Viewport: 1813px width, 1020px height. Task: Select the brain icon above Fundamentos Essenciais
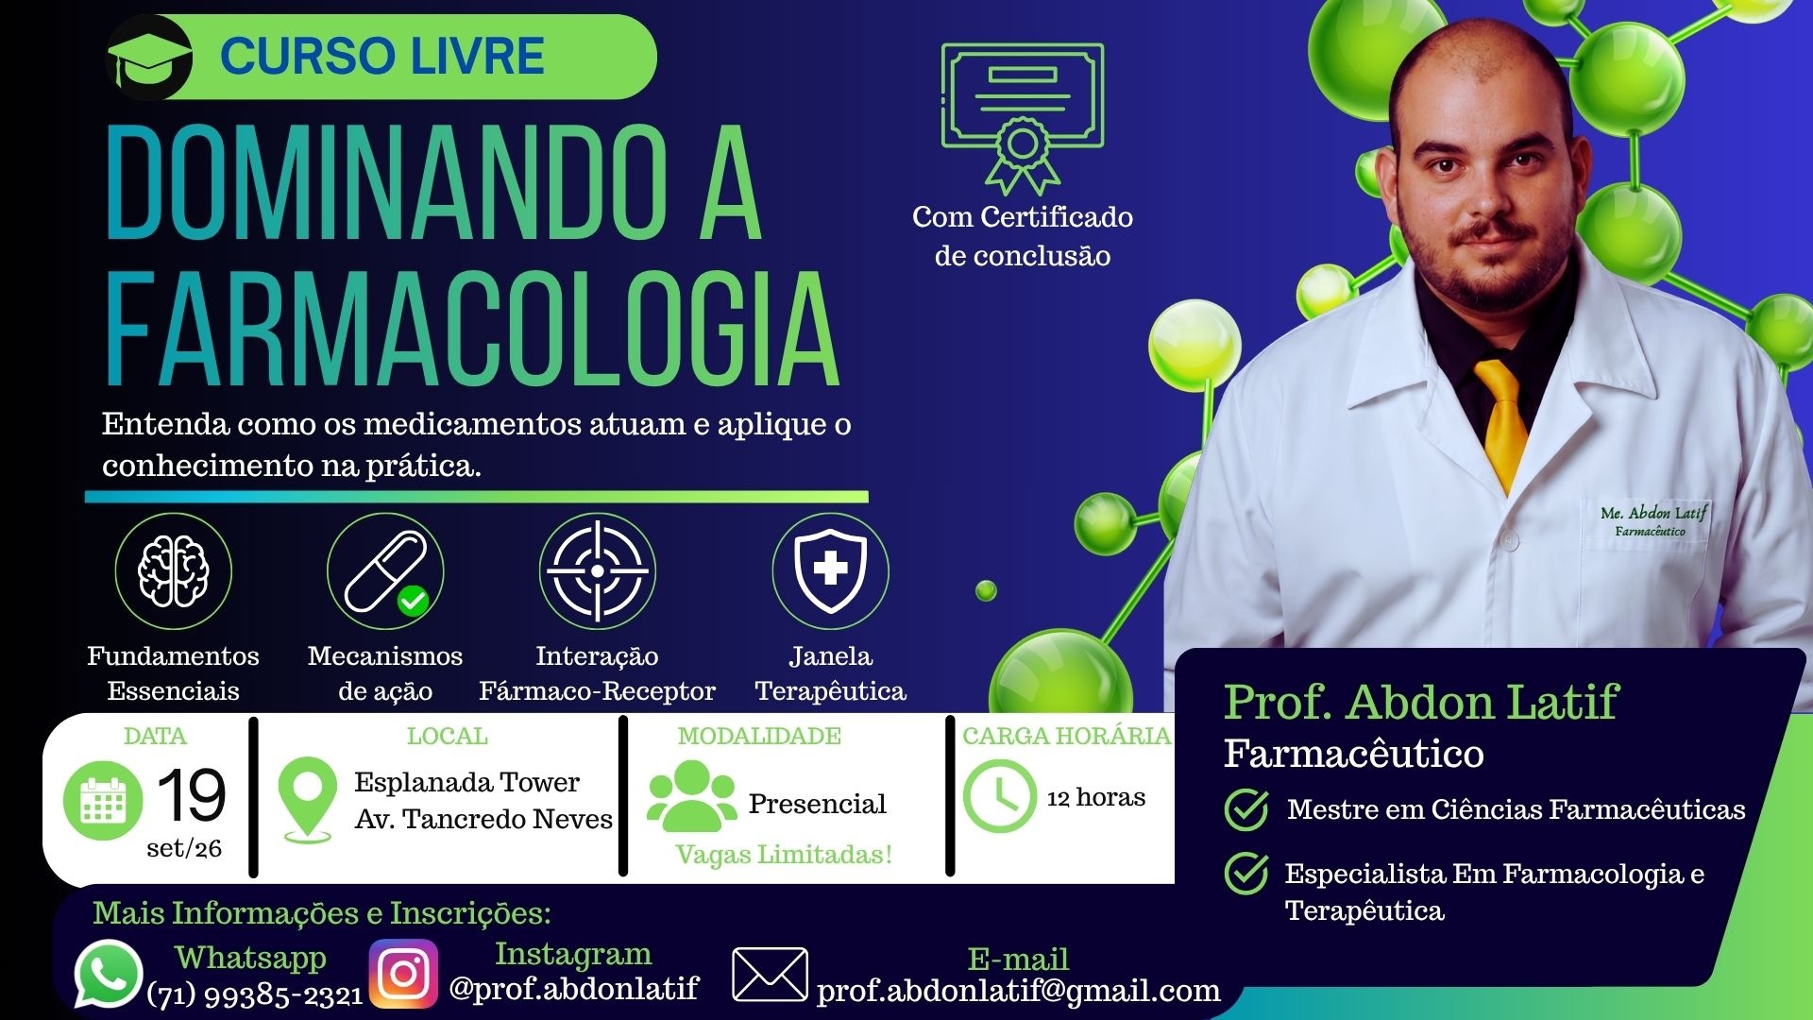click(173, 571)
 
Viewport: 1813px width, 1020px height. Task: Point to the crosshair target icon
click(597, 571)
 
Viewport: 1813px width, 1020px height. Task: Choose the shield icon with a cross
click(831, 570)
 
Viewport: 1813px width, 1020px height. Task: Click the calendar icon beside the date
click(103, 801)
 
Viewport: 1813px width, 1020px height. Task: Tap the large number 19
click(191, 794)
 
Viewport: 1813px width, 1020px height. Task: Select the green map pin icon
click(308, 799)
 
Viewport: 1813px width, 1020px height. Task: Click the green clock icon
click(1000, 796)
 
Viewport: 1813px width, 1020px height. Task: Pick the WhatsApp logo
click(109, 974)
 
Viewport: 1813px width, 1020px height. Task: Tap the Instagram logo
click(403, 974)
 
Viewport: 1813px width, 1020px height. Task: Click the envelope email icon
click(771, 975)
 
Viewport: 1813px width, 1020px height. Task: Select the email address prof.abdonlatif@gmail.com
click(1018, 991)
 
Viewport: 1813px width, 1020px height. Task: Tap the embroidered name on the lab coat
click(1653, 520)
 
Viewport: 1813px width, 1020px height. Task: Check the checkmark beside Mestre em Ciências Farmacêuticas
click(1246, 809)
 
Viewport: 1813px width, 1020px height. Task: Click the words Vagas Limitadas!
click(784, 855)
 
